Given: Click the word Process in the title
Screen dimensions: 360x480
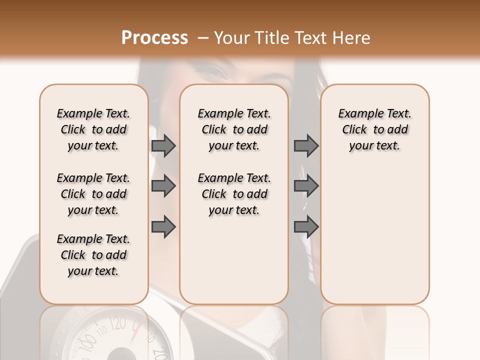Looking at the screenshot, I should [x=154, y=38].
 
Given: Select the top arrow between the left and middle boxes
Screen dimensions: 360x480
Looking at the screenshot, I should [x=163, y=146].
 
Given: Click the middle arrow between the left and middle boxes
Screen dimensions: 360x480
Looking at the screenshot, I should [x=163, y=186].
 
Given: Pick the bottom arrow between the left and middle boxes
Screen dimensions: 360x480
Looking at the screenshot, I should [x=163, y=227].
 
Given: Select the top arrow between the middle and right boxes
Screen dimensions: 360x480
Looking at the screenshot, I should [x=306, y=146].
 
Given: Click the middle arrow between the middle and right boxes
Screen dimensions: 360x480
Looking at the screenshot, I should [x=306, y=186].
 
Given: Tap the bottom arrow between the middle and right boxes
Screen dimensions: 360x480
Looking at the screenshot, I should [x=306, y=227].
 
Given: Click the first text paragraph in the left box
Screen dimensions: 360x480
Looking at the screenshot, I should [x=93, y=129].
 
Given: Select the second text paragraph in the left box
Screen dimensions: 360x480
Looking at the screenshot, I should [x=93, y=194].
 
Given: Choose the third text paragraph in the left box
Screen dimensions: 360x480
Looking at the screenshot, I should [x=93, y=255].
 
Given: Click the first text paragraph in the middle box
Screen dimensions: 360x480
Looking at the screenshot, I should [x=234, y=129].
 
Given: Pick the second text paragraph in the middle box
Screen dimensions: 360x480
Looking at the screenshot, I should [x=234, y=194].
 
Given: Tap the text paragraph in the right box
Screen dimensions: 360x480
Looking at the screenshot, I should [x=374, y=129].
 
